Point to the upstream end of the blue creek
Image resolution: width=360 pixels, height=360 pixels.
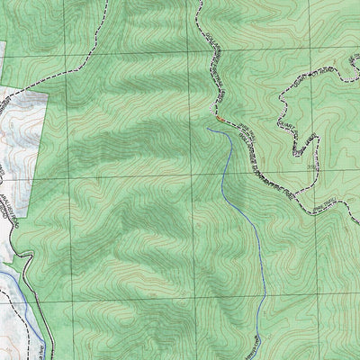point(208,129)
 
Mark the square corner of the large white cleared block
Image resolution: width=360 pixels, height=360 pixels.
point(44,93)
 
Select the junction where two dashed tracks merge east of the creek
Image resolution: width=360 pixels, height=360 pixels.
point(236,133)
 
